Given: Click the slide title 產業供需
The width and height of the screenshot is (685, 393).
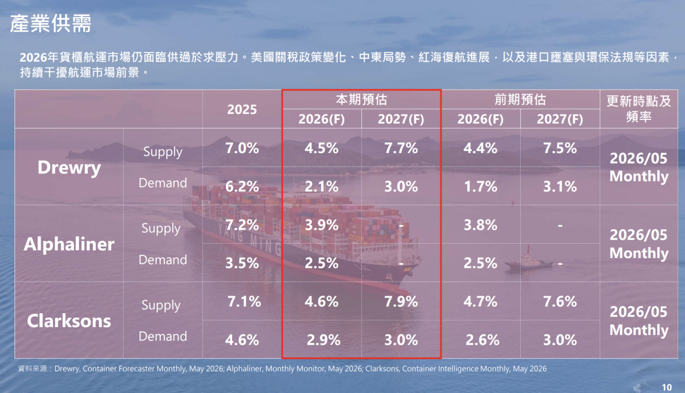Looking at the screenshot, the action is point(51,23).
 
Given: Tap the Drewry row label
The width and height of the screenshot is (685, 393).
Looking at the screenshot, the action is point(69,168).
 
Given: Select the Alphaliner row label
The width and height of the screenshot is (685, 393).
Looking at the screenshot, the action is point(69,244).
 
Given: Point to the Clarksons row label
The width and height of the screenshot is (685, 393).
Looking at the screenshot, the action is point(69,321).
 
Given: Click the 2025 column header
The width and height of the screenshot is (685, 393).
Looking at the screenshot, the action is point(242,109).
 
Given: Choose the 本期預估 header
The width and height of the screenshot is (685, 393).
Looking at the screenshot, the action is point(361,100).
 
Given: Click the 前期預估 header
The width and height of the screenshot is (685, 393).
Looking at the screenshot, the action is point(520,100).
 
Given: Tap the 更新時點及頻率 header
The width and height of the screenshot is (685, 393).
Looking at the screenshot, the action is point(639,109).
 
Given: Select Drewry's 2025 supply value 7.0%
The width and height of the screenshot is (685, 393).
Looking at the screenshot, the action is point(242,148).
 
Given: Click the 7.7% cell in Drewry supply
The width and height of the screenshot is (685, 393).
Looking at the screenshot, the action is point(401,148).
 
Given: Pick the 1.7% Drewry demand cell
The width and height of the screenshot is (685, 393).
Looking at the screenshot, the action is point(481,186).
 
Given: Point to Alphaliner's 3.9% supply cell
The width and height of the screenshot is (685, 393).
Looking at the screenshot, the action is point(322,225).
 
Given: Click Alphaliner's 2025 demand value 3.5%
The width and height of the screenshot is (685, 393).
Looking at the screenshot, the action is point(242,263).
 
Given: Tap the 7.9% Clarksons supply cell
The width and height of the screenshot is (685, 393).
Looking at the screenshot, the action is point(401,301).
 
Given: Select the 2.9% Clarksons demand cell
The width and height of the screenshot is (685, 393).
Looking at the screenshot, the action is point(324,340).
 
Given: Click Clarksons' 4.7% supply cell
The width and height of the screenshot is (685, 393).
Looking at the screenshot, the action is point(481,301).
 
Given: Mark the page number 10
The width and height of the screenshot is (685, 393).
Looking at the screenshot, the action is point(667,387).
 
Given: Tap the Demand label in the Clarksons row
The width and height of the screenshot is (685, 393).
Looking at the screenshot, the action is point(163,336).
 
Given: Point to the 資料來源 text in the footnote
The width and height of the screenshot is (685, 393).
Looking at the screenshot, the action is point(33,368).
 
